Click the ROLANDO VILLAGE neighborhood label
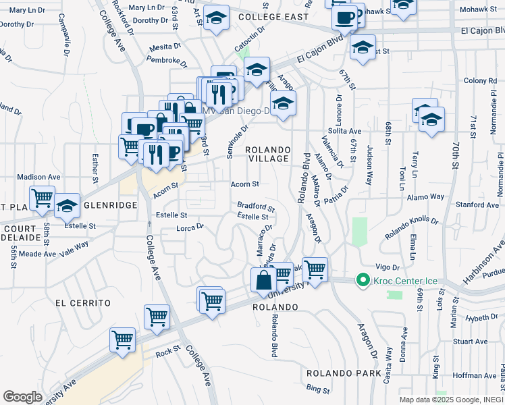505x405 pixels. pos(267,154)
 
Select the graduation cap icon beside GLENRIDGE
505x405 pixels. pos(68,207)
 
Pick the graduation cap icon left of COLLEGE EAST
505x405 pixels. pos(216,20)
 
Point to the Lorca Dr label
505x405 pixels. pos(190,227)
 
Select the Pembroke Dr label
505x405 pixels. pos(168,60)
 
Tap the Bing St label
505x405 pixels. pos(317,389)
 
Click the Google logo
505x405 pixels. pos(23,397)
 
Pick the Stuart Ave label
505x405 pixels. pos(470,342)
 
